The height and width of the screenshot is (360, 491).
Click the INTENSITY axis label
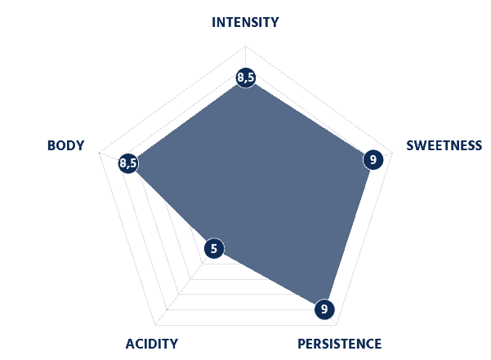click(x=245, y=22)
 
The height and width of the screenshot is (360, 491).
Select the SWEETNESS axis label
click(x=444, y=145)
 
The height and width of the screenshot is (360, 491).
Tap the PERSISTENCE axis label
click(x=339, y=344)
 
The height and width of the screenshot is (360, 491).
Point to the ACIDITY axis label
click(x=152, y=344)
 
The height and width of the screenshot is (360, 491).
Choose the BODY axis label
click(x=65, y=145)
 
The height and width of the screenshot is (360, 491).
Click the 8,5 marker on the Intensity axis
click(x=246, y=78)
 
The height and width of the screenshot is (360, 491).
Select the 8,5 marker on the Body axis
click(x=129, y=163)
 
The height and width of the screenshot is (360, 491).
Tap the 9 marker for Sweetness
click(x=373, y=160)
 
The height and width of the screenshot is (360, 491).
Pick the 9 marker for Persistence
click(x=324, y=309)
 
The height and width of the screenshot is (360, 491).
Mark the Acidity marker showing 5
click(x=214, y=249)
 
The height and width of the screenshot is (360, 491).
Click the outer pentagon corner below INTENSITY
click(x=246, y=47)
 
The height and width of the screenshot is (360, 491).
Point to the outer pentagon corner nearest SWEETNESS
click(x=393, y=153)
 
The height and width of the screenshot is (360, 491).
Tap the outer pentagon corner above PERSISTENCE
click(x=337, y=325)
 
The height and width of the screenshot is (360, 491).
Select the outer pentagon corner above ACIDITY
click(x=155, y=325)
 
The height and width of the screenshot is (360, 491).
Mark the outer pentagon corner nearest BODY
click(x=99, y=153)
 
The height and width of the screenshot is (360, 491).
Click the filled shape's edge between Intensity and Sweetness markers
click(x=310, y=119)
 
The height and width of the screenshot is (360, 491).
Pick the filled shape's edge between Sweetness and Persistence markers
click(x=349, y=234)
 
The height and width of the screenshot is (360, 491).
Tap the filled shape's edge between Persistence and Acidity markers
click(x=270, y=279)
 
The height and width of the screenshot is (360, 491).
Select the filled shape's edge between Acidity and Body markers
click(x=172, y=206)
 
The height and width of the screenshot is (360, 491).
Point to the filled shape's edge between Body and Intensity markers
click(x=187, y=121)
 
